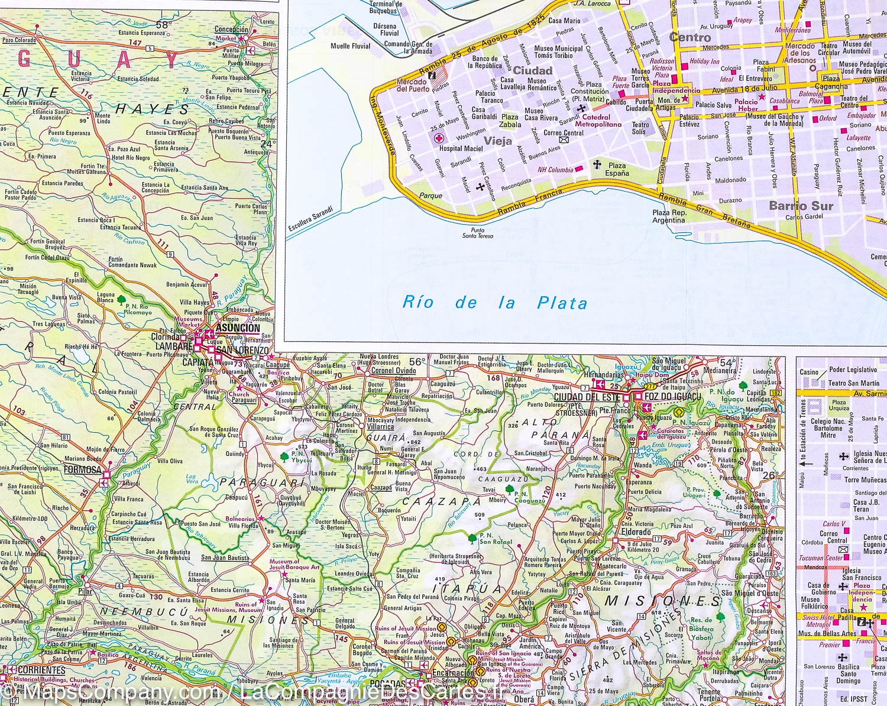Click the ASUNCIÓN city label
[x=238, y=328]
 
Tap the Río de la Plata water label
[x=494, y=303]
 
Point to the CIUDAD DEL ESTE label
[x=582, y=397]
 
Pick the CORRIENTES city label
[x=41, y=670]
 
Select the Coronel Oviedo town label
[x=394, y=371]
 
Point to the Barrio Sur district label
[x=801, y=206]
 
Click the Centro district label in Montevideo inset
[x=689, y=37]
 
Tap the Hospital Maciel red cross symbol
[x=439, y=138]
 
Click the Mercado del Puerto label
[x=412, y=85]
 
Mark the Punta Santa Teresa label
[x=481, y=233]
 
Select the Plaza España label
[x=617, y=170]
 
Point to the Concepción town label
[x=231, y=29]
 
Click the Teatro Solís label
[x=640, y=128]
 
